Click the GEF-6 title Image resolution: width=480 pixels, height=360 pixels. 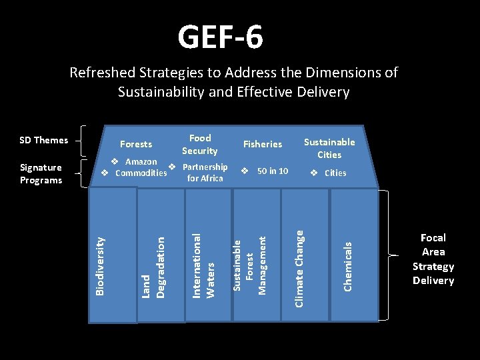coord(220,37)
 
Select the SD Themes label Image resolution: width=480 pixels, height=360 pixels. coord(44,140)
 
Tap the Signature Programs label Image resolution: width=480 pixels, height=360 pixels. coord(41,174)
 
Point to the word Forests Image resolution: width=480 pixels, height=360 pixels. coord(136,144)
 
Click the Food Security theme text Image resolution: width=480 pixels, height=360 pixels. coord(200,145)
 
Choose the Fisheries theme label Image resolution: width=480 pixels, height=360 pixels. coord(263,144)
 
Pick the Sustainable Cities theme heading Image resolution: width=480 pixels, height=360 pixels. coord(329,148)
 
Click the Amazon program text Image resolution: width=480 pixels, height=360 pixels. coord(141,162)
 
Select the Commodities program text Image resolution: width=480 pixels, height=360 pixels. coord(141,173)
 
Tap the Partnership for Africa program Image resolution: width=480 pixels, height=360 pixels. coord(205,173)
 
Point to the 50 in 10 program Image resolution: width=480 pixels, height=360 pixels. coord(272,171)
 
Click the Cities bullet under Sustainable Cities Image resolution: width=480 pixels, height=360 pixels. coord(335,173)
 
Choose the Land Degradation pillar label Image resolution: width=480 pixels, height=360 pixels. coord(153,264)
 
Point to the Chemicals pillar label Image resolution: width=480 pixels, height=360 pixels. coord(347,266)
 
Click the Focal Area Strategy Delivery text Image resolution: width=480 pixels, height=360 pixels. coord(433,259)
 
